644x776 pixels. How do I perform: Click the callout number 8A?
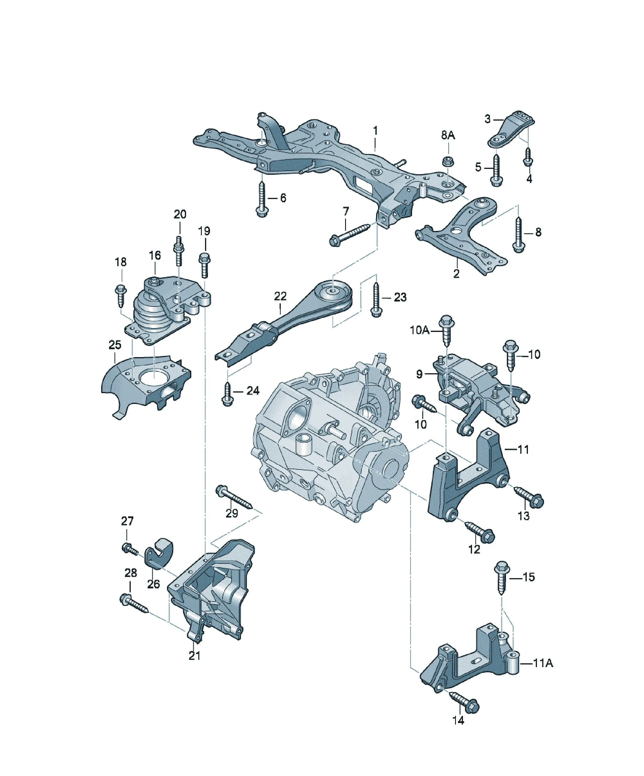point(448,135)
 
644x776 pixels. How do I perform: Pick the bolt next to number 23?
point(376,300)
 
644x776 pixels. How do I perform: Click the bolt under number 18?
point(121,295)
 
